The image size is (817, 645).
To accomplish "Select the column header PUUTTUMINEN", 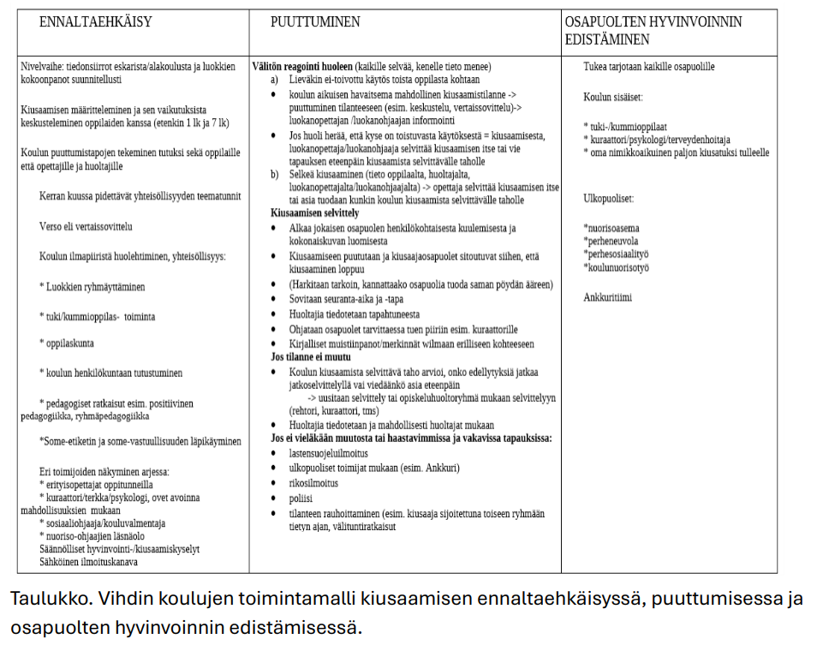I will (x=315, y=22).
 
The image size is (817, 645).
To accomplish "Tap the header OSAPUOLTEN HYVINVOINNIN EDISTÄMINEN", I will (x=653, y=31).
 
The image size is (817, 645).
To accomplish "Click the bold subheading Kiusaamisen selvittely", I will (x=314, y=212).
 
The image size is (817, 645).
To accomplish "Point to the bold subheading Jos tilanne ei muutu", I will (x=309, y=356).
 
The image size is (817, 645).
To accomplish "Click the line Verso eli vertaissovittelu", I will (x=86, y=227).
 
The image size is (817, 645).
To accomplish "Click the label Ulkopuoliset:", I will (x=608, y=198).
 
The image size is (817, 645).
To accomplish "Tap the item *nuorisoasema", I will (x=611, y=228).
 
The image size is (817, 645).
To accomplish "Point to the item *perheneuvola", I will (x=611, y=241).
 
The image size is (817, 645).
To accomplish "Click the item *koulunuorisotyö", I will (x=616, y=267).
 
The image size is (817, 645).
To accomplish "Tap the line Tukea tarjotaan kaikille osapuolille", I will (x=648, y=67).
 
